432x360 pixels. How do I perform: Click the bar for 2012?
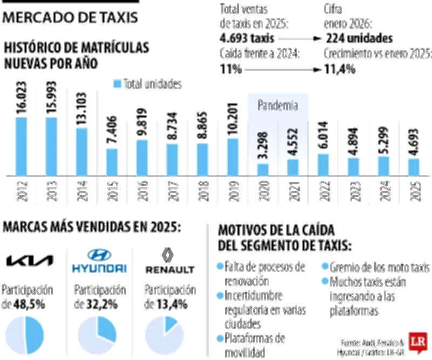click(21, 146)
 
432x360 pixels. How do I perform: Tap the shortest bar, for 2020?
click(263, 170)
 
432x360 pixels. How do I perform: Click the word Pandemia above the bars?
click(278, 105)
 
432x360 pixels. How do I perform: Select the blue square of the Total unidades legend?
click(117, 84)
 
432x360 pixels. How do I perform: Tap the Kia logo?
click(30, 262)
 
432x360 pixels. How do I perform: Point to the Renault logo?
click(170, 261)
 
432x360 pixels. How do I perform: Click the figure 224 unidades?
click(359, 38)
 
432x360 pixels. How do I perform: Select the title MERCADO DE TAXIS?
click(71, 18)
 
